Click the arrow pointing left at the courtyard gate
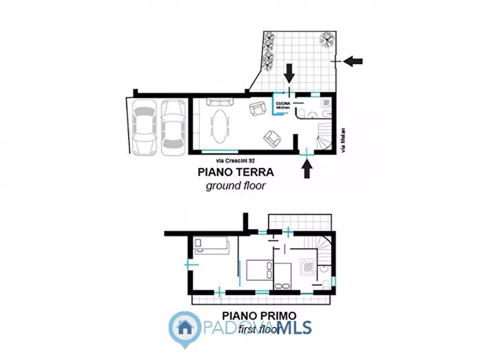(x=353, y=61)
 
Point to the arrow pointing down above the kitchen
(x=290, y=71)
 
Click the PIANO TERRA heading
(x=235, y=172)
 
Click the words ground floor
(x=235, y=186)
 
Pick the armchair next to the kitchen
(x=258, y=109)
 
